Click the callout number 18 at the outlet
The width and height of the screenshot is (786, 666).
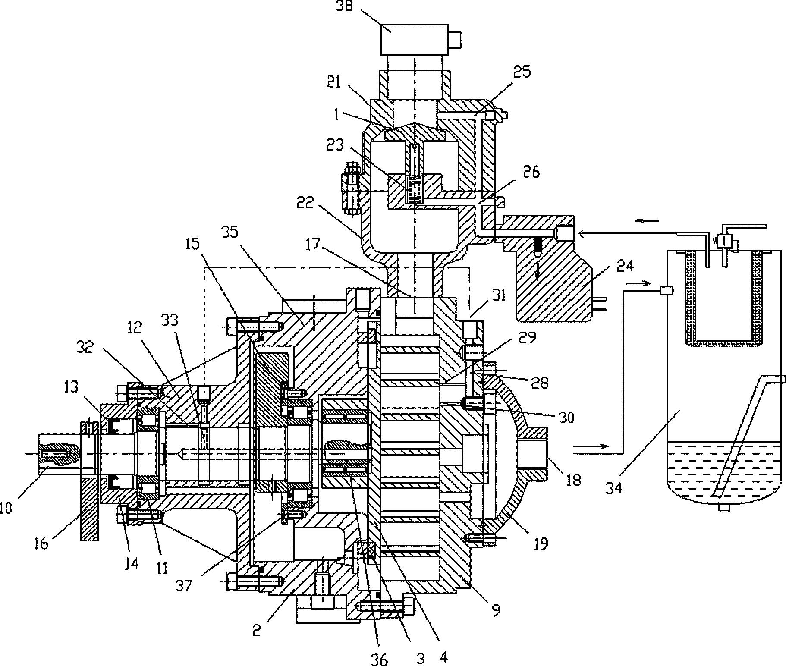pos(574,479)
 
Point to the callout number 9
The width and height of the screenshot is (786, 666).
pos(496,609)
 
